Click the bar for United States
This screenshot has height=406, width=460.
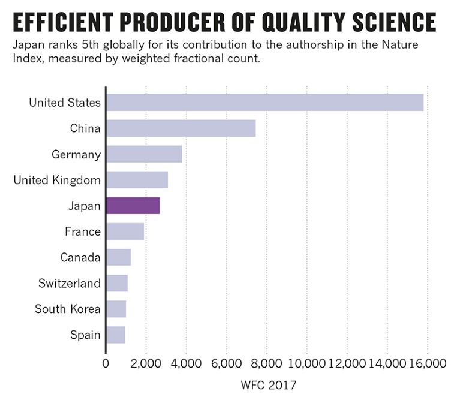(264, 103)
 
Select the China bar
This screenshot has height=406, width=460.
(181, 128)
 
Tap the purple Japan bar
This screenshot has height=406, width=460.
(133, 206)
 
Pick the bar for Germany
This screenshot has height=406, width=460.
(144, 154)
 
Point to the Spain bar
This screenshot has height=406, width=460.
(115, 335)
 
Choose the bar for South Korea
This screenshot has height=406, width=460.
(116, 309)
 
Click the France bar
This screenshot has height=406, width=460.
(125, 231)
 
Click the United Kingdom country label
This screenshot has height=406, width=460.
(57, 180)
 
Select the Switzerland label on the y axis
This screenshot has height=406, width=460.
(69, 283)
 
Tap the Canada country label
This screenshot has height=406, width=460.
(80, 257)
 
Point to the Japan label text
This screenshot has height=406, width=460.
(84, 206)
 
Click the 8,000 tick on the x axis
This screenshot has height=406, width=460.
(266, 363)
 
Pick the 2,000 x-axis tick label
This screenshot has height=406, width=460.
(146, 363)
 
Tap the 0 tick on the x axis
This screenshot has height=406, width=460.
(106, 363)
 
